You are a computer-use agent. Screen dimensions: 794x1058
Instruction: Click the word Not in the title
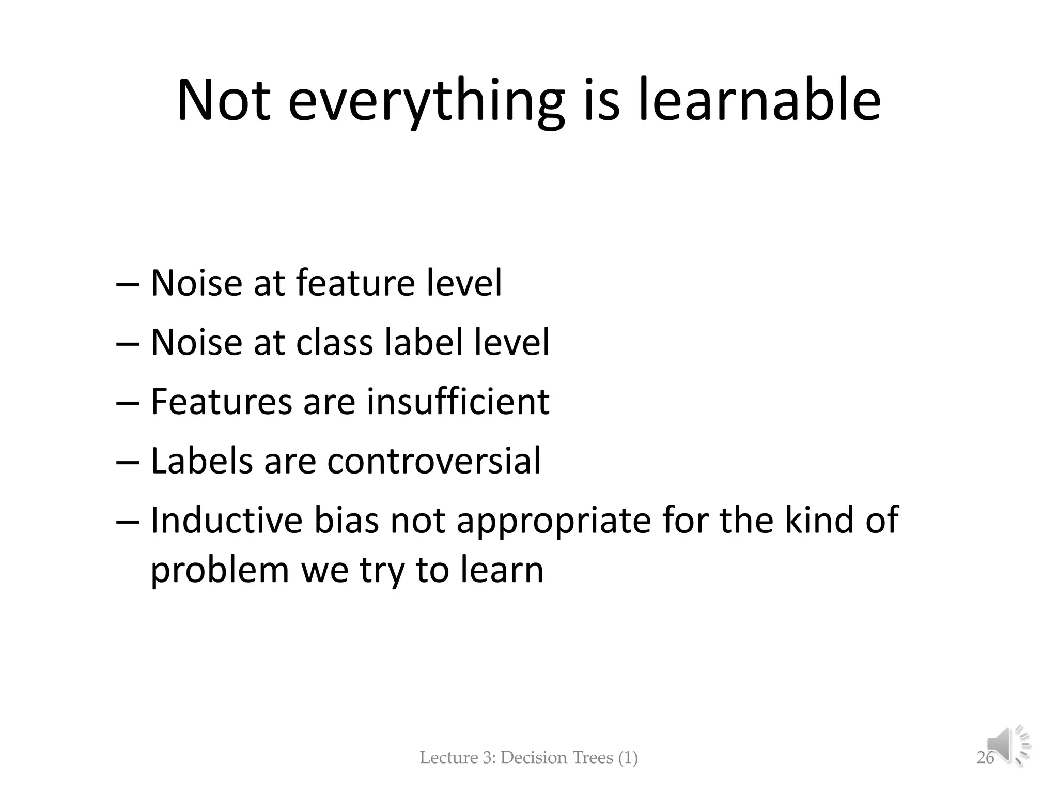point(223,101)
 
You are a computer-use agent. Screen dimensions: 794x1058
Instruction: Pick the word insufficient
point(458,402)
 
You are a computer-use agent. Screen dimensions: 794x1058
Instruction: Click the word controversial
point(434,461)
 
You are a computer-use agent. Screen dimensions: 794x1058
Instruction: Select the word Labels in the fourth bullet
point(201,461)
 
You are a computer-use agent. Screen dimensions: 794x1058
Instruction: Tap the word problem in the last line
point(220,571)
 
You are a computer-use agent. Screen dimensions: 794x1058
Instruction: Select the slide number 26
point(985,758)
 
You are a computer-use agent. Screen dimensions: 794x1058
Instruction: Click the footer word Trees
point(590,758)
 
